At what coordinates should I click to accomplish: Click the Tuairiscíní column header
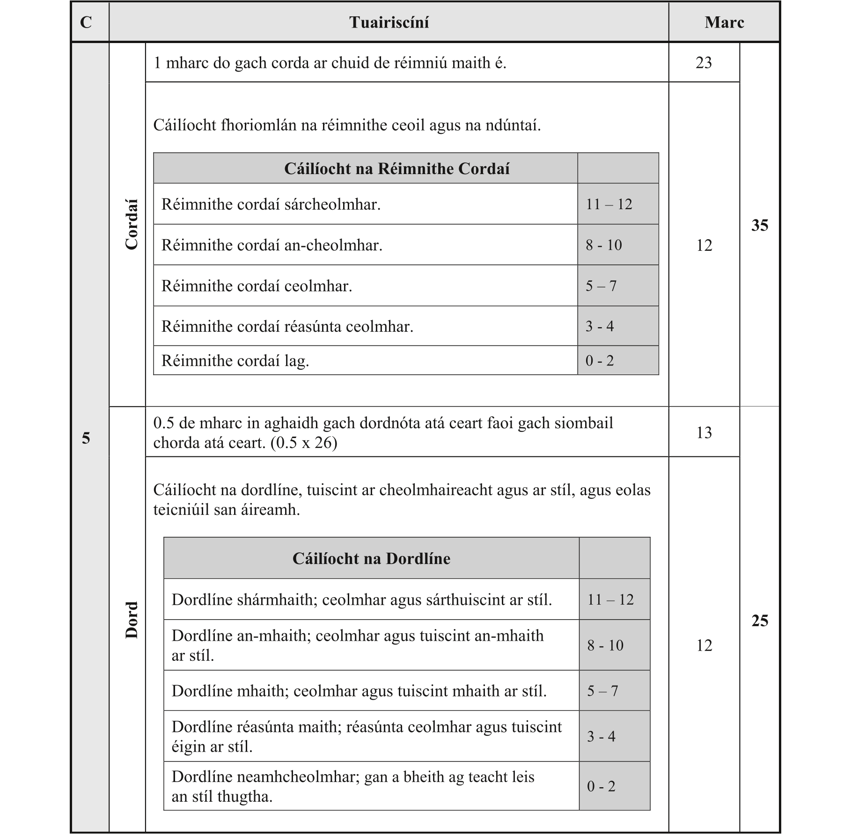click(389, 22)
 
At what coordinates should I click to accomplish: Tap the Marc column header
click(724, 22)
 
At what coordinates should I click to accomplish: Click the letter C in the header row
click(86, 22)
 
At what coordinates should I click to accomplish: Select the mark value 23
click(704, 63)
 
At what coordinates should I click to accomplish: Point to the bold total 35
click(759, 225)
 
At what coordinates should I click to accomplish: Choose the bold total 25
click(759, 621)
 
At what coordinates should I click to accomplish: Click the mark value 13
click(704, 432)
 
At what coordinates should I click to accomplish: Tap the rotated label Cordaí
click(132, 225)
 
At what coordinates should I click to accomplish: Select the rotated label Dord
click(132, 620)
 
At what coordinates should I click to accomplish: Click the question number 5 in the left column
click(86, 438)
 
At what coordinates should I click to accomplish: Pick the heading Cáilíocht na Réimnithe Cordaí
click(396, 168)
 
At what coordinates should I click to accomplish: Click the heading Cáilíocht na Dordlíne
click(371, 558)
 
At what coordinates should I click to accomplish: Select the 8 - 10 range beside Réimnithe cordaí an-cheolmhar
click(603, 245)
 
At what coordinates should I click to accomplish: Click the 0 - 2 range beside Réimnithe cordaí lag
click(599, 360)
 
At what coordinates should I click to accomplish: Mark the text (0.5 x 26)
click(304, 443)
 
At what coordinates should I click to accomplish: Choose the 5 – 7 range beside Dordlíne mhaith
click(602, 691)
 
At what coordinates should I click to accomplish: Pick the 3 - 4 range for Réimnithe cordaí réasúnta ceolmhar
click(599, 326)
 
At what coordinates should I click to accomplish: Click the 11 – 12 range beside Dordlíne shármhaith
click(610, 600)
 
